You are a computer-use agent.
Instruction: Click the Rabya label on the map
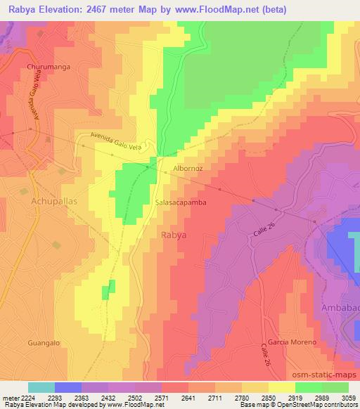(x=174, y=235)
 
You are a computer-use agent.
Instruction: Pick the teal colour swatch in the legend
(x=41, y=387)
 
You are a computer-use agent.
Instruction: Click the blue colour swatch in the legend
(x=67, y=387)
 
